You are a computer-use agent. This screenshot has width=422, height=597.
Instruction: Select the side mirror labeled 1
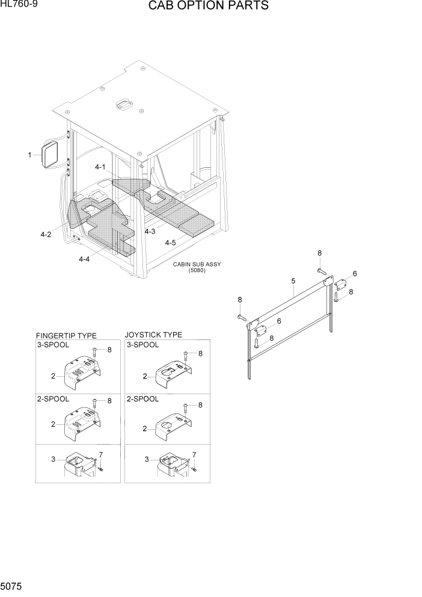coord(50,153)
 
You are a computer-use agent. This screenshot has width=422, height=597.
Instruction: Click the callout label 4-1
coord(100,167)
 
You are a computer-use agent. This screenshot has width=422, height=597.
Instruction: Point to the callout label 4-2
coord(46,235)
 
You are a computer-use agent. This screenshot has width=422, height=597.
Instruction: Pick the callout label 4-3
coord(150,231)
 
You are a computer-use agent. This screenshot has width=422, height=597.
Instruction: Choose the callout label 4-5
coord(170,243)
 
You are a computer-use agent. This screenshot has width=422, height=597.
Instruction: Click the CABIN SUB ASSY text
coord(197,265)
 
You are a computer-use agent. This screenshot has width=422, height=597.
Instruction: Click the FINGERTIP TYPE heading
coord(66,336)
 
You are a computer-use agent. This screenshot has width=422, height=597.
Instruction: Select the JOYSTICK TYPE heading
coord(153,335)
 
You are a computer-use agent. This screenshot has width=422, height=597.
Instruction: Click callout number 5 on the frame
coord(293,281)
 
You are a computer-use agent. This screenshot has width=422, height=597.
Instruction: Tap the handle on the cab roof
coord(124,104)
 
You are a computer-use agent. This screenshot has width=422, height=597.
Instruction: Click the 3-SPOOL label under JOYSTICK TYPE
coord(142,345)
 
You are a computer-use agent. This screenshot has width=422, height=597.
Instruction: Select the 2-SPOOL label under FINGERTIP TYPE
coord(54,399)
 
